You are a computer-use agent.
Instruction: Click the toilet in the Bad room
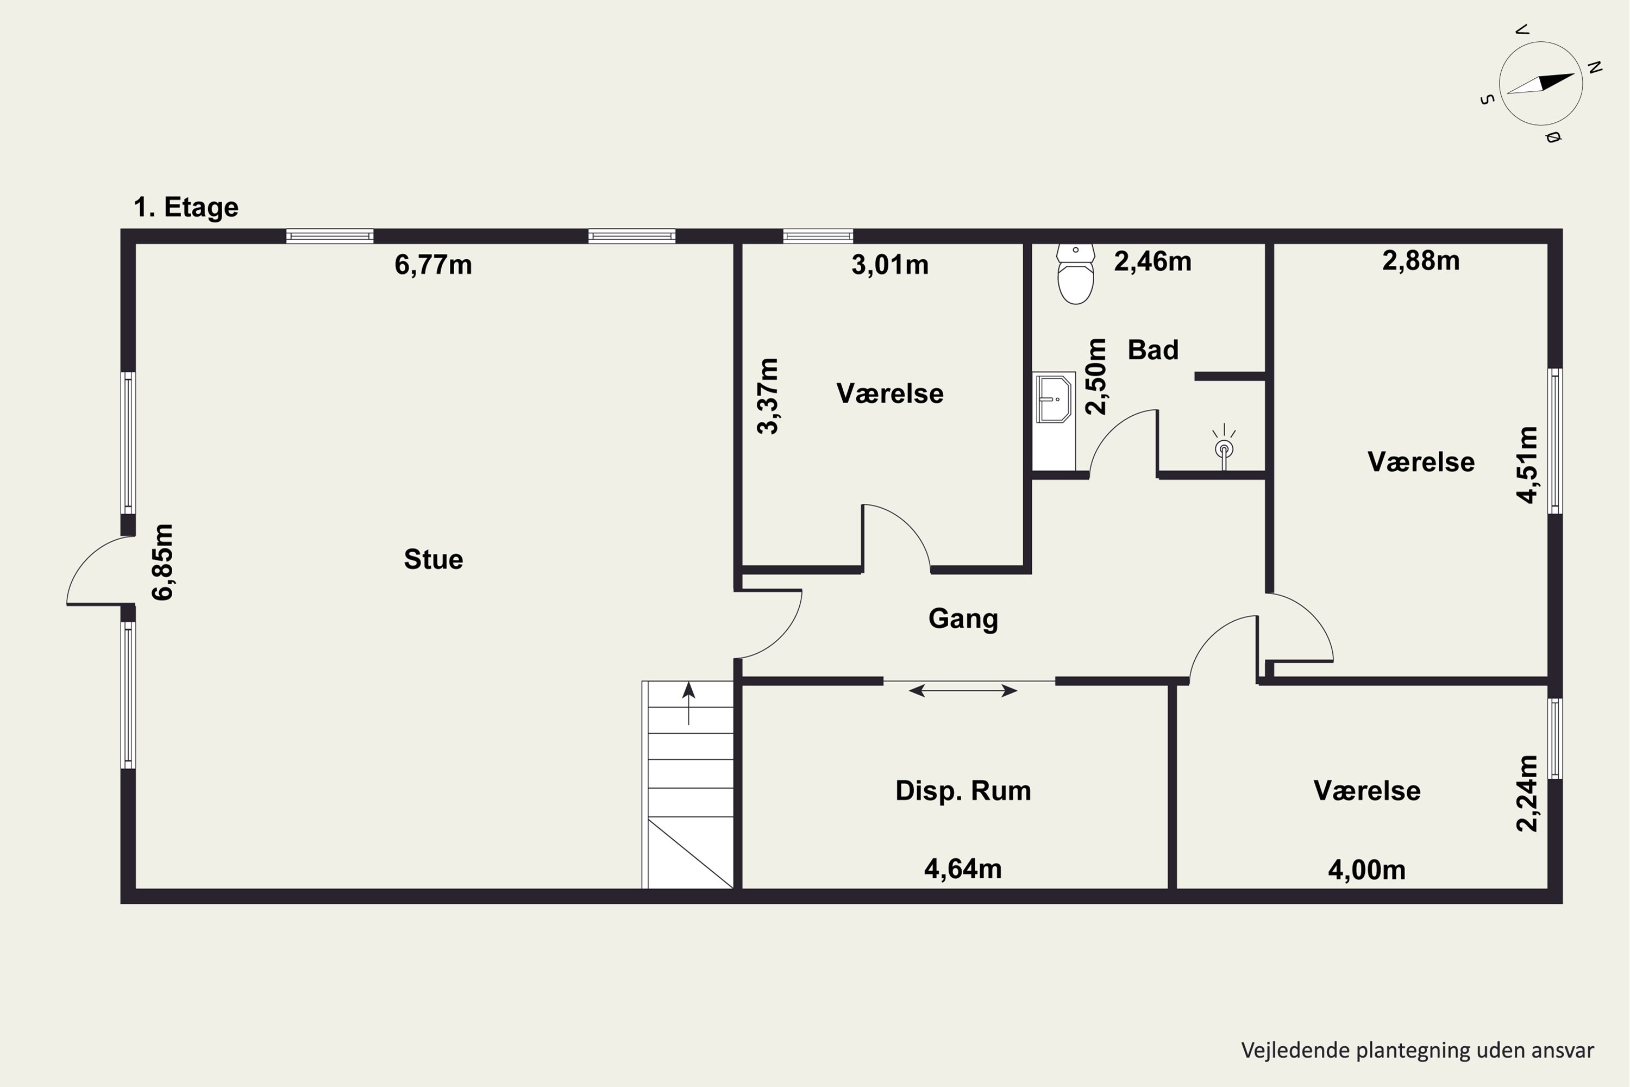click(1076, 274)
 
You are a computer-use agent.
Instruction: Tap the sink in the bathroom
click(1054, 398)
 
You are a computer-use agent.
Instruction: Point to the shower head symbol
click(1224, 447)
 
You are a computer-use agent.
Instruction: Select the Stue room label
click(433, 559)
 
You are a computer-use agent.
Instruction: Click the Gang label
click(963, 619)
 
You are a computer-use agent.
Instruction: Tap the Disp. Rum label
click(963, 791)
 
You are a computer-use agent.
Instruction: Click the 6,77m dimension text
click(433, 265)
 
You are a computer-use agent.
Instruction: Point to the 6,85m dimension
click(163, 562)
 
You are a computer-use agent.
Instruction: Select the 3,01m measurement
click(890, 265)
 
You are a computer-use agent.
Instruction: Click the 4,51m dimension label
click(1527, 465)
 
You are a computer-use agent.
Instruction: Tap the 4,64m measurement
click(963, 869)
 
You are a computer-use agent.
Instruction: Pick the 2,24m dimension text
click(1527, 793)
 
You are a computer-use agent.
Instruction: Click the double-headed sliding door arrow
click(963, 690)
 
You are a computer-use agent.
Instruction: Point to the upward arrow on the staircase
click(688, 703)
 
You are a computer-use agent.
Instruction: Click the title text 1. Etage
click(186, 207)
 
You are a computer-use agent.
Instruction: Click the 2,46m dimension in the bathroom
click(1152, 261)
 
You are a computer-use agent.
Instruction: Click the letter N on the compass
click(1595, 67)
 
